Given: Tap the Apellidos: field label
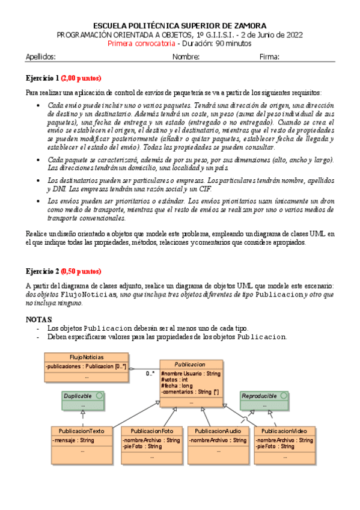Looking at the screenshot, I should [x=40, y=57].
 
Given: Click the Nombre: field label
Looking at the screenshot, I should [x=186, y=57].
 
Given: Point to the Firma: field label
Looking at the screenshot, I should [x=269, y=57].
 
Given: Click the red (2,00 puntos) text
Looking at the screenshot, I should [x=81, y=78].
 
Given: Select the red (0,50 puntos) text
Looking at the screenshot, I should [x=81, y=271].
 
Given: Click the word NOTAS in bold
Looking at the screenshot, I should [x=40, y=319].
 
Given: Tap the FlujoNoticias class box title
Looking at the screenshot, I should [x=85, y=357].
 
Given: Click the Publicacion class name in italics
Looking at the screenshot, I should [x=190, y=364].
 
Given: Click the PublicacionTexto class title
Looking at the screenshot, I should [x=82, y=431].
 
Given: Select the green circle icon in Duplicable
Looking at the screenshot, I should [x=99, y=396].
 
